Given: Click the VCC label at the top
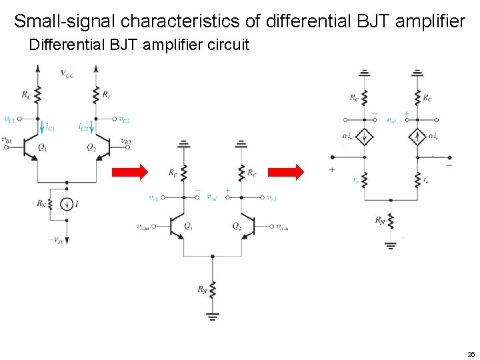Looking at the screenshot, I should tap(67, 73).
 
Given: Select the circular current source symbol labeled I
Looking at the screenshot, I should tap(67, 204).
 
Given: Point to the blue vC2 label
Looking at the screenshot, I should tap(124, 120).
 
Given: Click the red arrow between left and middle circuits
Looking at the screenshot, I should tap(129, 173).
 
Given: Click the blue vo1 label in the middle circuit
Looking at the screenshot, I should tap(154, 198).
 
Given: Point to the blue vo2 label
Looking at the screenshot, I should tap(270, 198).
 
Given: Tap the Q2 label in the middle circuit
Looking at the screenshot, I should tap(237, 226).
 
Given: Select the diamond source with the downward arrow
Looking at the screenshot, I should tap(365, 137).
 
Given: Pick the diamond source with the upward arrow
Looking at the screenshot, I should tap(417, 137).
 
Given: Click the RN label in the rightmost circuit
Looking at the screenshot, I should tap(380, 220).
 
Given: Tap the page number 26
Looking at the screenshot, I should tap(471, 354).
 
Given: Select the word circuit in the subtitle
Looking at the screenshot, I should tap(227, 45).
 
